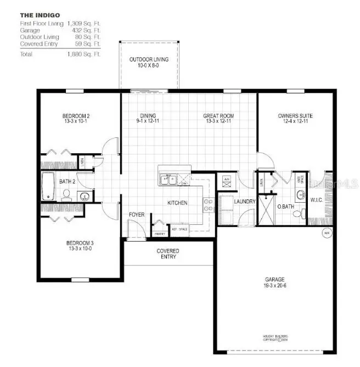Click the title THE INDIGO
coord(40,15)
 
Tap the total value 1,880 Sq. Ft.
coord(83,54)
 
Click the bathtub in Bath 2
coord(48,186)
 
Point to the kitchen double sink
coord(168,179)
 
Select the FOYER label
coord(137,214)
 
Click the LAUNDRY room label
coord(245,202)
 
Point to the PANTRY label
coord(160,233)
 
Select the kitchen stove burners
coord(209,205)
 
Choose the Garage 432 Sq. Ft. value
coord(83,30)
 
